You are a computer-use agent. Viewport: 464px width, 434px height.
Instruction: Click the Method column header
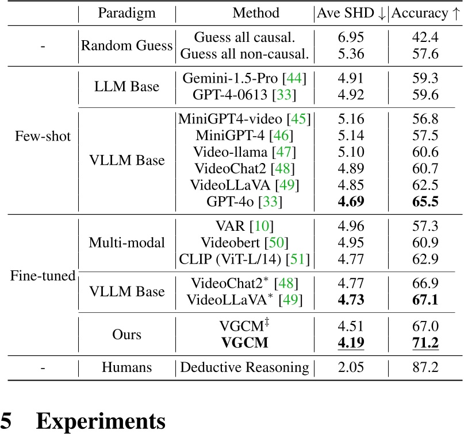point(256,13)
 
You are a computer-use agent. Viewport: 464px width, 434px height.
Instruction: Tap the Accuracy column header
point(426,13)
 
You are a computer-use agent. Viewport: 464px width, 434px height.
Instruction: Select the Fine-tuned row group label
point(43,276)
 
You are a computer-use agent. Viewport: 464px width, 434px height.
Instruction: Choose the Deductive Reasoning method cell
point(244,367)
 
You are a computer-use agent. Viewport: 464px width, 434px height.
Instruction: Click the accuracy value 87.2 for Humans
point(426,367)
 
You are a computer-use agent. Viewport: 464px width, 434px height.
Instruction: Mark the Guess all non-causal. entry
point(244,55)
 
